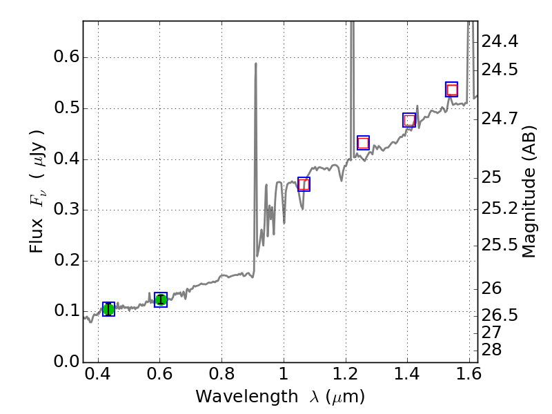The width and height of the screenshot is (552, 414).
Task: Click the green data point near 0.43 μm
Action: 108,309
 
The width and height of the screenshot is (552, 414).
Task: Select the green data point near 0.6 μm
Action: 161,299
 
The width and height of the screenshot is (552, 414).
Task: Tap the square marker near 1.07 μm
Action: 304,184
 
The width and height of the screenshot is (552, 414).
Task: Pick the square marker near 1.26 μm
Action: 363,143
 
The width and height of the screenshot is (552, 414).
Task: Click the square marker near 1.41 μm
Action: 409,120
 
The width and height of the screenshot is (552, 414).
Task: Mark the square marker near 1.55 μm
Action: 452,90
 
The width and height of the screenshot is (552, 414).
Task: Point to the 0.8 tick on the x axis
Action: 221,362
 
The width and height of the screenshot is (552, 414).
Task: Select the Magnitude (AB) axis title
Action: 529,191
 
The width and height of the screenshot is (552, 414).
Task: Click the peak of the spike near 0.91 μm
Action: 256,63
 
